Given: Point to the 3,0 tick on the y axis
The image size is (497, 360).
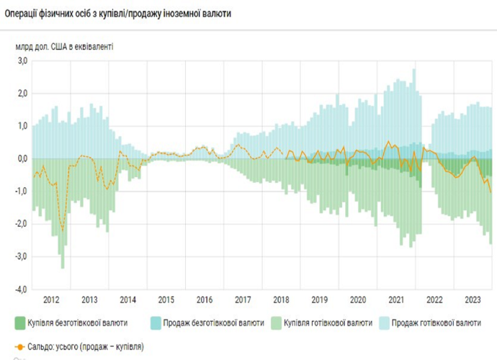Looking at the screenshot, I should coord(22,61).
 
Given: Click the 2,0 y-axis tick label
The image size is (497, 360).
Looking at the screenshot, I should coord(22,94).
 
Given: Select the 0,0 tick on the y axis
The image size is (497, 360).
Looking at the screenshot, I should coord(22,158).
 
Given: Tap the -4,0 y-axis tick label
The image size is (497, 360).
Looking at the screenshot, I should coord(21,289).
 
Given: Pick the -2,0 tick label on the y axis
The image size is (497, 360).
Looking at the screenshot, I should coord(21,224).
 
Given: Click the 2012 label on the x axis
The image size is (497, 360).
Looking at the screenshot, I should coord(51,300).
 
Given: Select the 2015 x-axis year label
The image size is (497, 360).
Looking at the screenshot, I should coord(166,300).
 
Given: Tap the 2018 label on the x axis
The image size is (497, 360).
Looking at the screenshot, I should coord(281,300).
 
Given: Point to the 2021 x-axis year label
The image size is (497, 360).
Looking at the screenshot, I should coord(395,300).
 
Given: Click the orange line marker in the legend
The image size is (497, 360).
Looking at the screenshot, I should coord(20,346).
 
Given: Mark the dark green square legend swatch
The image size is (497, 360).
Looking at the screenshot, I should coord(20,323).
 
